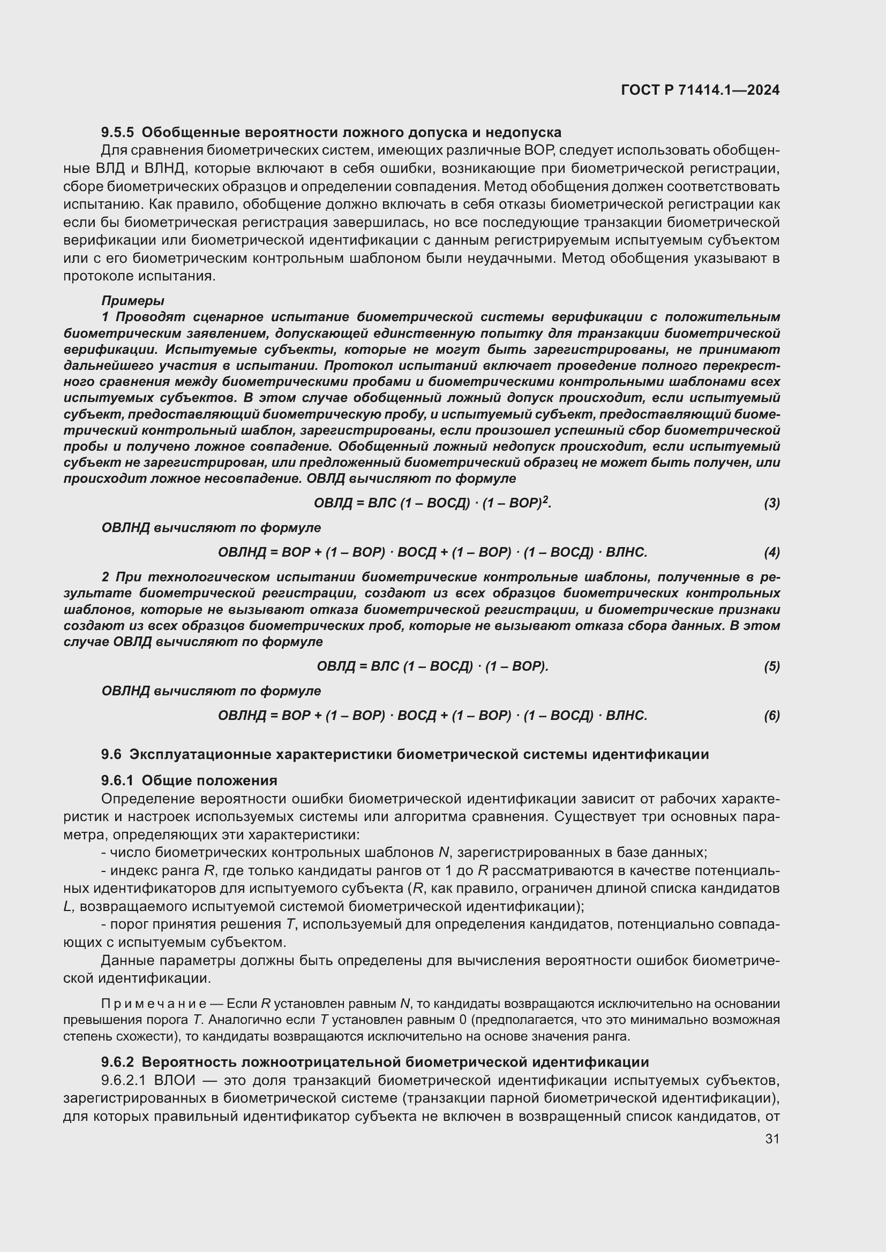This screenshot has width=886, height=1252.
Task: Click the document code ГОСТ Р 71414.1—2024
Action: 700,90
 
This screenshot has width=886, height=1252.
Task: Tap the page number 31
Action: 772,1139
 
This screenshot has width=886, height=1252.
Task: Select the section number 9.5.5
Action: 117,133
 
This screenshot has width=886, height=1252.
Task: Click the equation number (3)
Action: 771,503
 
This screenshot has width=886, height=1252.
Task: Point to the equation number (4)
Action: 771,552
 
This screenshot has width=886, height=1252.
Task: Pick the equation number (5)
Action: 771,666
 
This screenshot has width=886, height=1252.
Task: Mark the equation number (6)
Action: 771,716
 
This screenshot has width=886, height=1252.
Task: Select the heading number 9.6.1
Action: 117,780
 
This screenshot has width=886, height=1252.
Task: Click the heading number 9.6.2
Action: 117,1061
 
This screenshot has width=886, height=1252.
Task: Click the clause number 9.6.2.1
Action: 123,1080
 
